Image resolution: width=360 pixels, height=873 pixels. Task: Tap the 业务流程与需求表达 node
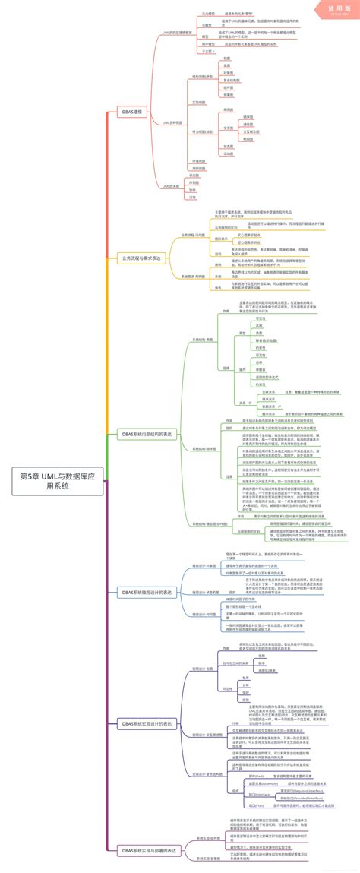141,258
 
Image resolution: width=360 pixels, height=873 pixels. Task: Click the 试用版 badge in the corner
335,10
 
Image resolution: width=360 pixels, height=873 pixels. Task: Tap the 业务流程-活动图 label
193,235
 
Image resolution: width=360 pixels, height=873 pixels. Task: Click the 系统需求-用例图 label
193,277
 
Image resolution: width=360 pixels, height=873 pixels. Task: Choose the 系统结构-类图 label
203,339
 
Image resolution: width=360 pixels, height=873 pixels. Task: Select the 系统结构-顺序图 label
204,448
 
